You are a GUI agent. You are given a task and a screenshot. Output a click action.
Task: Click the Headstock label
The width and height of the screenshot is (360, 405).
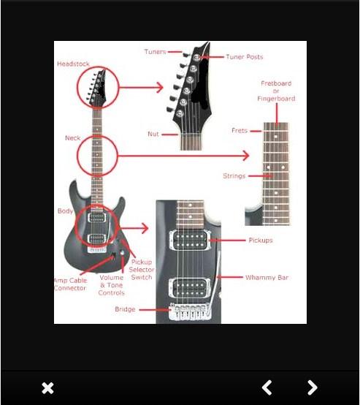73,64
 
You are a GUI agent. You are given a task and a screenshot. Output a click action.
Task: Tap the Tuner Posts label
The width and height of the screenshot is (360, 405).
245,57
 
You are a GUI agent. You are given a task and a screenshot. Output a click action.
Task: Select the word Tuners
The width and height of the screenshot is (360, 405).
155,52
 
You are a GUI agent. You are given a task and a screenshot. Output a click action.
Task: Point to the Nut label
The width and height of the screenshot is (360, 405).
153,134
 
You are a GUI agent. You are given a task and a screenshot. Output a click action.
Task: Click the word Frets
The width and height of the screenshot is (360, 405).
240,131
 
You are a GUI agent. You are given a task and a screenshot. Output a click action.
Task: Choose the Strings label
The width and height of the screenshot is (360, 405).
234,176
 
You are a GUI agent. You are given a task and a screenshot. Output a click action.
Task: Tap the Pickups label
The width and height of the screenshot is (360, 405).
261,241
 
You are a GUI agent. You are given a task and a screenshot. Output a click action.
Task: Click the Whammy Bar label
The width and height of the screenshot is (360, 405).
267,278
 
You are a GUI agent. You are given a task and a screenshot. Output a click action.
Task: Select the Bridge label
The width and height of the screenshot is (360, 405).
125,309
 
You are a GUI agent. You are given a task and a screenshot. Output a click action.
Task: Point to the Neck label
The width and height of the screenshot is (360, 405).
73,138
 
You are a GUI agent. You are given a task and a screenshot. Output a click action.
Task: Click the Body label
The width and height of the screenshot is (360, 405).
65,211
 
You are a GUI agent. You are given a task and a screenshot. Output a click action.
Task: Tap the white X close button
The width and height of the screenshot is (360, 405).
47,388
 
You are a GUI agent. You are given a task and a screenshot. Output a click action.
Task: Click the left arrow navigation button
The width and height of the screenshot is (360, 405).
267,387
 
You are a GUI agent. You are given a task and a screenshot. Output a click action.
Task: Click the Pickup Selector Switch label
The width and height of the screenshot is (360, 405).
142,270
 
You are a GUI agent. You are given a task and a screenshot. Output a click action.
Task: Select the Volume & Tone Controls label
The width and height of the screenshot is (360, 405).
112,285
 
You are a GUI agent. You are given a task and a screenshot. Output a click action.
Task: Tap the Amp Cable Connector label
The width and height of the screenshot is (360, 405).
70,284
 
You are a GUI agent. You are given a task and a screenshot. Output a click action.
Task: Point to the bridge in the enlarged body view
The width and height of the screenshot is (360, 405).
190,312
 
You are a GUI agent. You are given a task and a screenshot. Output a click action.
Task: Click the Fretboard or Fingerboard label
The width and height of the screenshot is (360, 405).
276,91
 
